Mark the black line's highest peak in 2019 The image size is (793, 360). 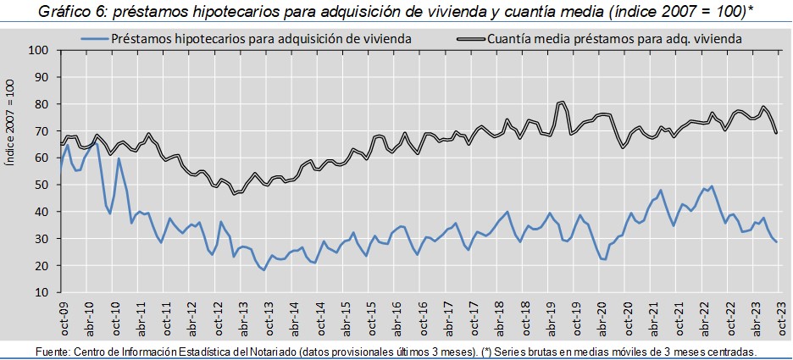(x=562, y=102)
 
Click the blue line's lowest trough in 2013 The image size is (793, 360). (x=264, y=269)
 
